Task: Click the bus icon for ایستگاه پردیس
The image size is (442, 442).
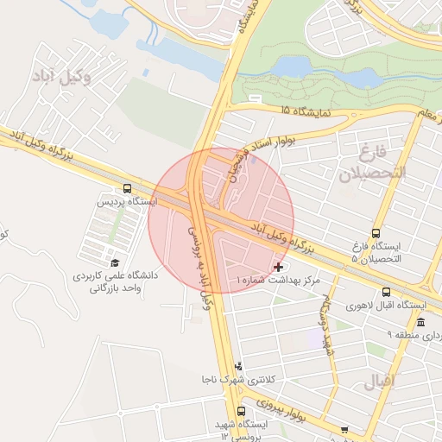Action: tap(128, 188)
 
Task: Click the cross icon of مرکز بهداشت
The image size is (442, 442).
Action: tap(277, 268)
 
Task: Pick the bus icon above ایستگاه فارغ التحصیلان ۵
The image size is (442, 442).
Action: tap(375, 233)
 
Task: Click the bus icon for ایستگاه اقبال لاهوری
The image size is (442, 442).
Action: tap(385, 292)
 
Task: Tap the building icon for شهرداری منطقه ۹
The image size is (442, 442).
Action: tap(420, 322)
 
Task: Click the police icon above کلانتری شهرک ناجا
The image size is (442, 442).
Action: tap(238, 366)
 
